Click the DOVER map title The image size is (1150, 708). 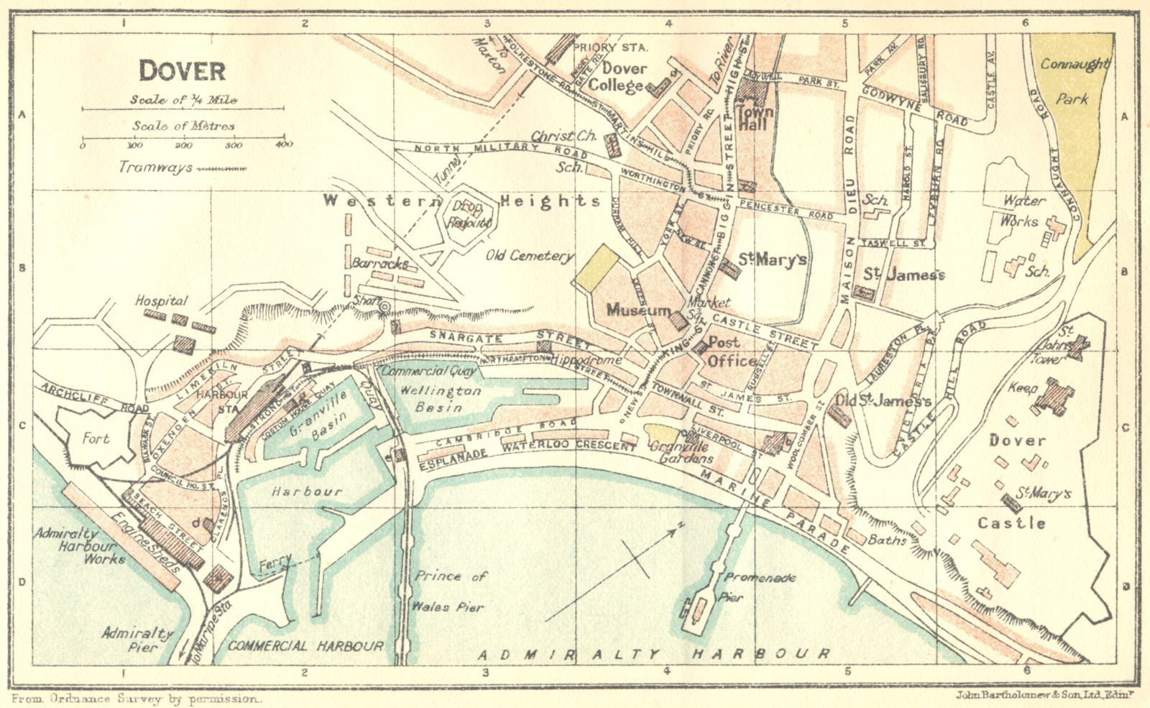tap(182, 70)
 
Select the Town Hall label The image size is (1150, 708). tap(755, 118)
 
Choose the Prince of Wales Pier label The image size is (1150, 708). tap(450, 591)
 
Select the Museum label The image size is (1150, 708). tap(638, 311)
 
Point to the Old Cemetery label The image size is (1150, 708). tap(530, 256)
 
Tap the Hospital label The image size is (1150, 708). tap(161, 301)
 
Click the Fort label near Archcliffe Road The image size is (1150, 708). tap(96, 438)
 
